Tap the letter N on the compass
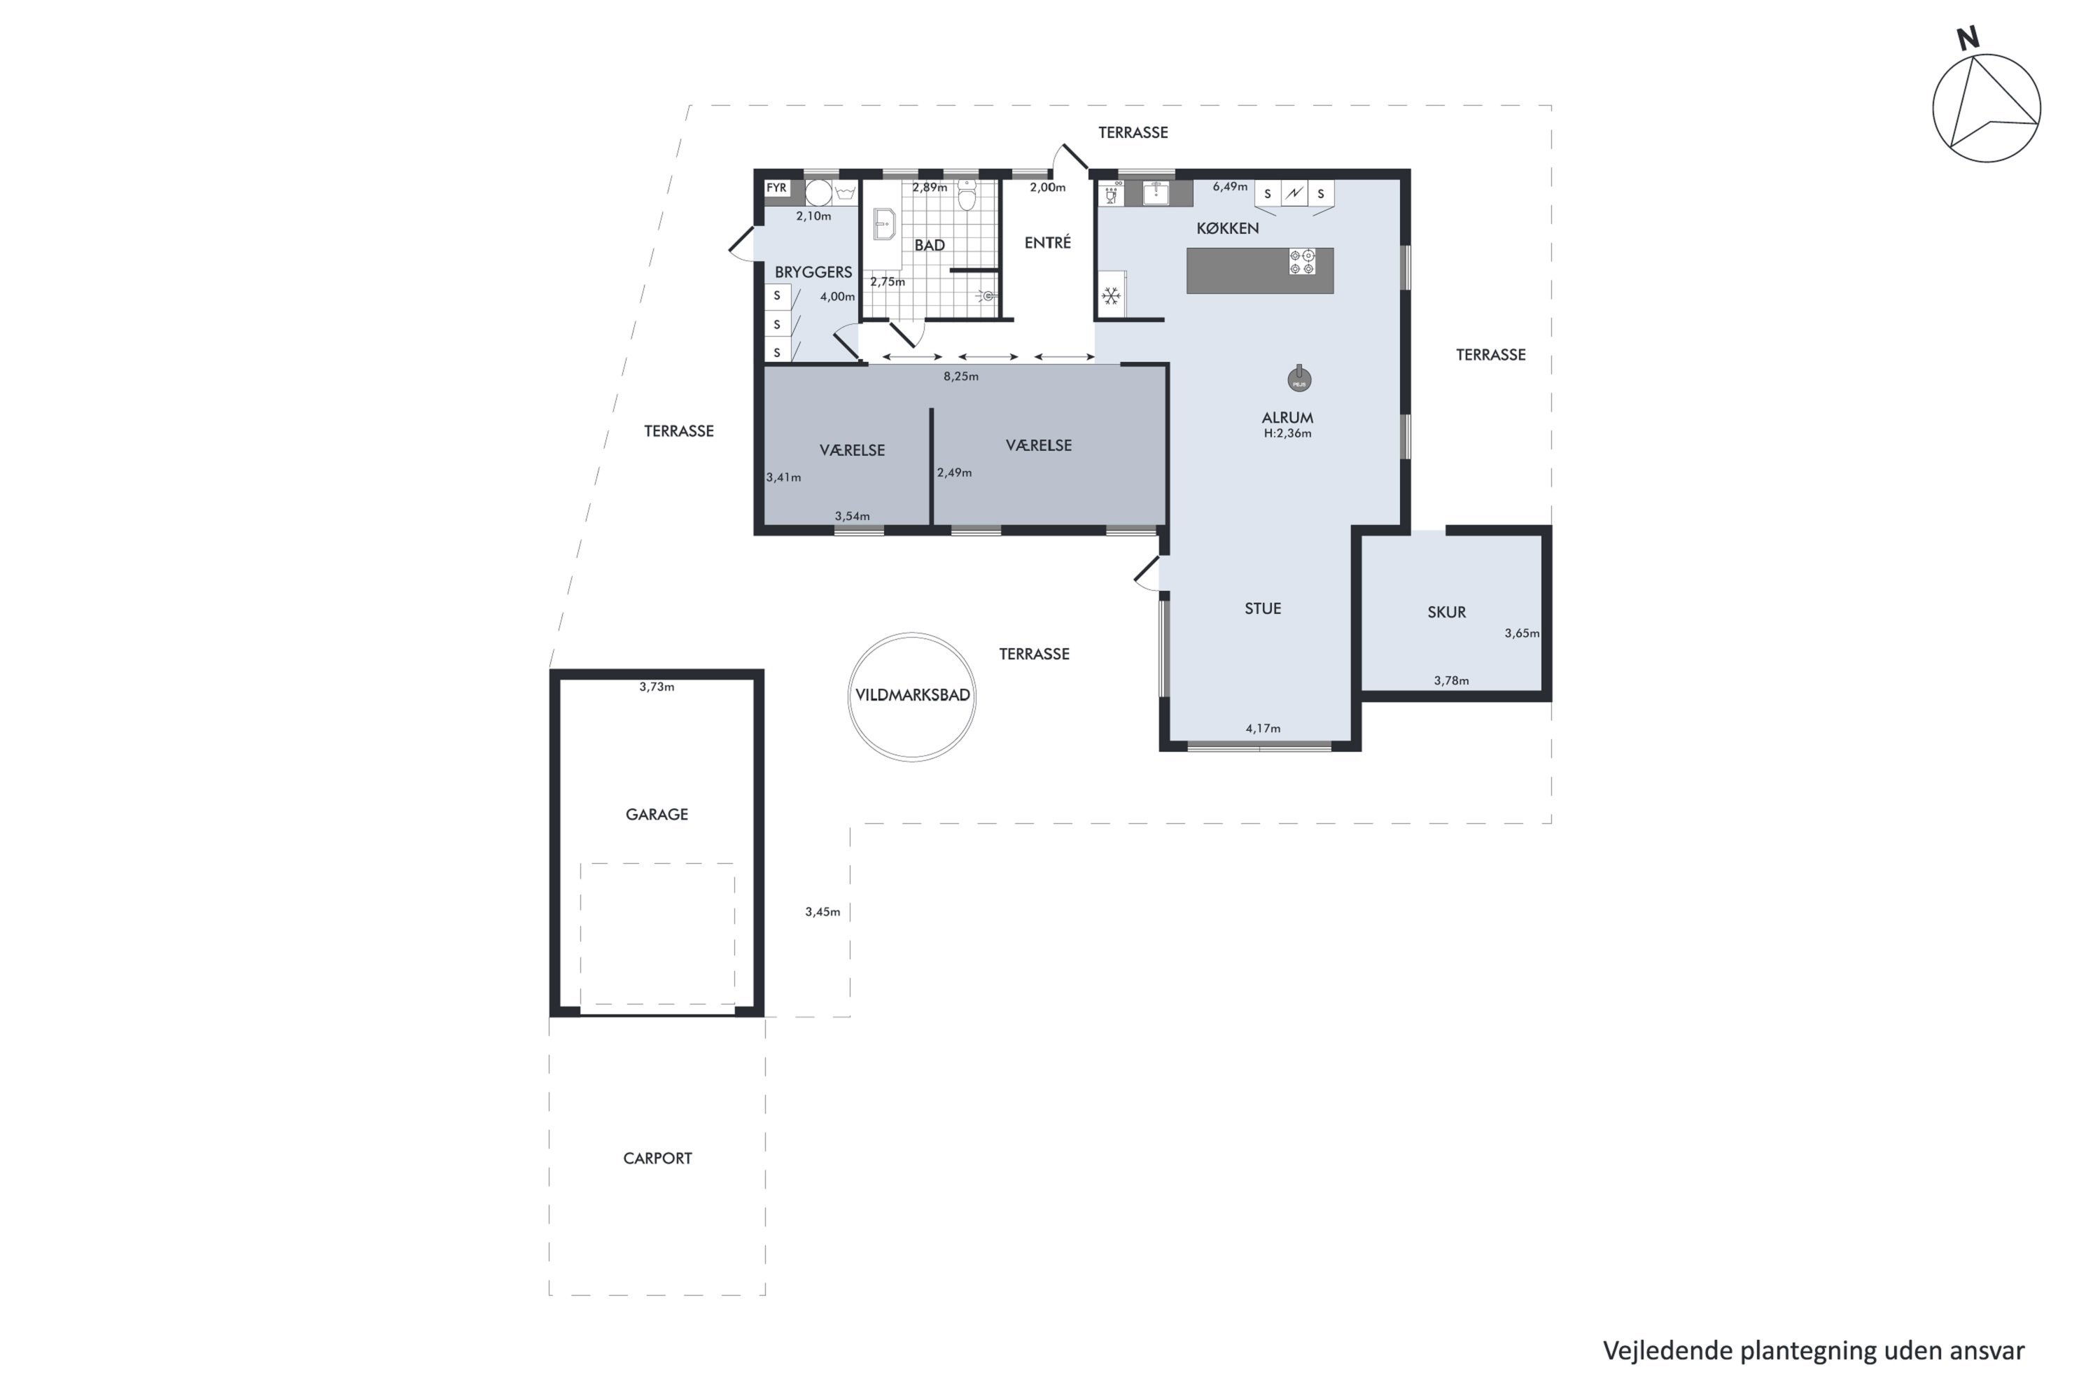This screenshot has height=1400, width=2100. [1967, 38]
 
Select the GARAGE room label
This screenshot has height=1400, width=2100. [657, 814]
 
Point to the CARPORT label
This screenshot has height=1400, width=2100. [657, 1158]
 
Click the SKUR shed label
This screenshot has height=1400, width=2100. [1446, 612]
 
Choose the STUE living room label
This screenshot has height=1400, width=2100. [1263, 608]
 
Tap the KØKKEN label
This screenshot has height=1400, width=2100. [1228, 229]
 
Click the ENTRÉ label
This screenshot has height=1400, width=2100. [1047, 242]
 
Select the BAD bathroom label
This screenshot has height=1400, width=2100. [930, 244]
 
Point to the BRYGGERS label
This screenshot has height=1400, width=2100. [813, 272]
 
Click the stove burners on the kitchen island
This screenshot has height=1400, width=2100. [1302, 262]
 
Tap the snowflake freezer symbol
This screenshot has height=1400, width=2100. [1111, 295]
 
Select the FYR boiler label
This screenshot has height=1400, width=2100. [776, 188]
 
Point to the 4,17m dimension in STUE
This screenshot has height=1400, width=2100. [1263, 729]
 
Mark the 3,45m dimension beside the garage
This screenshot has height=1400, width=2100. [822, 911]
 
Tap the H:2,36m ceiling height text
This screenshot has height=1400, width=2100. [1287, 434]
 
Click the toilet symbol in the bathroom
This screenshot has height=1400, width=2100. [967, 195]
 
